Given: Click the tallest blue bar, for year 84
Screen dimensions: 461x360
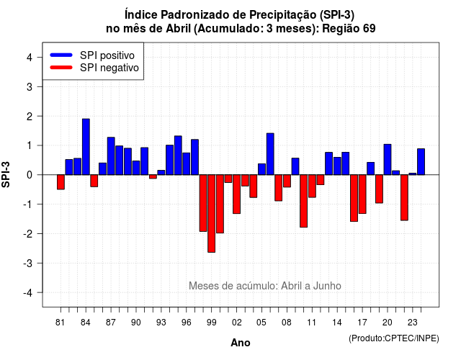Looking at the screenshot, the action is (86, 147).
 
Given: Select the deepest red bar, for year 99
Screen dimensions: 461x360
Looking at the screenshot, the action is (211, 213).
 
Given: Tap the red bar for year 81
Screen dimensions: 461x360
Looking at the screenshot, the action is (61, 182).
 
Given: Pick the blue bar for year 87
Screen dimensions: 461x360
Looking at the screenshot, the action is (111, 156).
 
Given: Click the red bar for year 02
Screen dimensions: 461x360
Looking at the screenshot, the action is (237, 194).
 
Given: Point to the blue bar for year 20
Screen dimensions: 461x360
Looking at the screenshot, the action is (388, 160).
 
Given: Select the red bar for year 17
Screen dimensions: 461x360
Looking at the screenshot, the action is (362, 194).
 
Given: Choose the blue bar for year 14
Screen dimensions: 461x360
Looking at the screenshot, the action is (337, 166).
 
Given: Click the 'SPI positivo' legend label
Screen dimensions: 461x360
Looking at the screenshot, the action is (107, 55).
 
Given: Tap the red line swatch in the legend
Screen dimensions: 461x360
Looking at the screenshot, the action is (61, 68).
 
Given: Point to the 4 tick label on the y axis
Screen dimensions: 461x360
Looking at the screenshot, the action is (30, 58).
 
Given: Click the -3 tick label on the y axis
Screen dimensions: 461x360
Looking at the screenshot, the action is (28, 263).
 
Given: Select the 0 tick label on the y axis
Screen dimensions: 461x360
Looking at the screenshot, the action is (30, 175).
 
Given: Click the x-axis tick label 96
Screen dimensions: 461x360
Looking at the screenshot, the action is (186, 323).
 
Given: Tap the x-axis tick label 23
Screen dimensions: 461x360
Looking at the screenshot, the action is (413, 323).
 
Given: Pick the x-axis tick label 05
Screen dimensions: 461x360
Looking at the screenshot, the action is (261, 323).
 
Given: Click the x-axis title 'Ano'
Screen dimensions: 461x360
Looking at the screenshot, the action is (241, 343).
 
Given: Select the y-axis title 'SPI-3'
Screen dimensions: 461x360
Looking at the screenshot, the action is (6, 174).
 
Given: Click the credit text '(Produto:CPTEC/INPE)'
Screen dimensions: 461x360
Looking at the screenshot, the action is (394, 338).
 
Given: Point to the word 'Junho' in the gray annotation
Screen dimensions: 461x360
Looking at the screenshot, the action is (327, 286).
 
